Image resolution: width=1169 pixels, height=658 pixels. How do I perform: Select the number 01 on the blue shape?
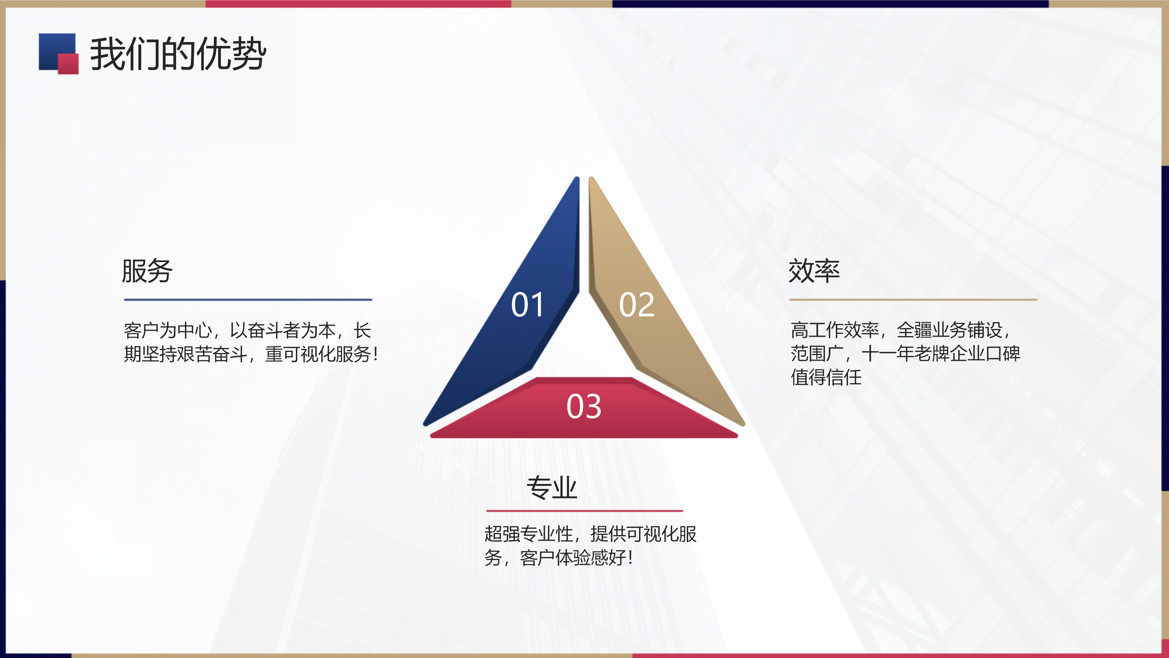click(x=527, y=305)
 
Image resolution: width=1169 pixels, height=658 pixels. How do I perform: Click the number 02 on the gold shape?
click(x=637, y=305)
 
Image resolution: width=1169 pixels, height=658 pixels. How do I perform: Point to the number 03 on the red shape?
click(x=584, y=406)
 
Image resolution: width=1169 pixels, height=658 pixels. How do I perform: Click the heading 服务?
click(x=147, y=271)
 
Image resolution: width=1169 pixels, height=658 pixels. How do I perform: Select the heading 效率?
click(x=814, y=271)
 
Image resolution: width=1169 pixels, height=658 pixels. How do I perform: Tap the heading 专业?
click(x=552, y=488)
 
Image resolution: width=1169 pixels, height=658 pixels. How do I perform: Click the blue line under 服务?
click(x=248, y=300)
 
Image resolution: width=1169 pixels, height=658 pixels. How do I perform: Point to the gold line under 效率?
click(x=914, y=300)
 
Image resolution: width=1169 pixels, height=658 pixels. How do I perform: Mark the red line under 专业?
click(x=584, y=511)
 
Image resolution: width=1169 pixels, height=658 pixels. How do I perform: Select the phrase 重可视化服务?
click(x=318, y=354)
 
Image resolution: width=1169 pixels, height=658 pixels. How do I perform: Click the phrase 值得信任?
click(x=826, y=377)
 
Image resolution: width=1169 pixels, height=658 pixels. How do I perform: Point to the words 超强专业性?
click(x=529, y=534)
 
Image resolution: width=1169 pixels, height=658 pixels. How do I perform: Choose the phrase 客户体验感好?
click(x=573, y=558)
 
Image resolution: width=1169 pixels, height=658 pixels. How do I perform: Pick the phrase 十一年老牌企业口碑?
click(x=941, y=354)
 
